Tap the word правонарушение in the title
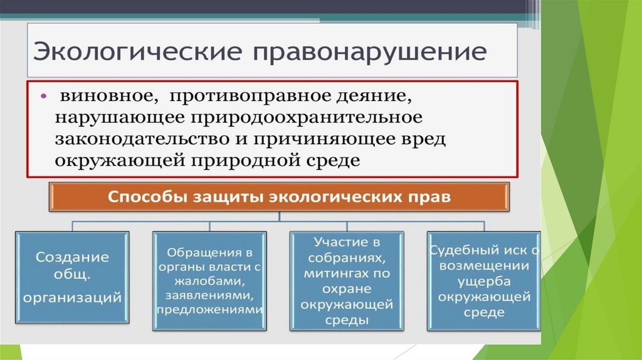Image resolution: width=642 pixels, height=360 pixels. point(369,51)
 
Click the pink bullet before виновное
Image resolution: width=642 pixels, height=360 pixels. point(44,98)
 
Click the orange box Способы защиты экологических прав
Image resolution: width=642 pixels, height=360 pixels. point(280,197)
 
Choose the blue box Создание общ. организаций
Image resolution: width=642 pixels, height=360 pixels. point(72,277)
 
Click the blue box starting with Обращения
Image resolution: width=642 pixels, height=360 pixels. point(209,280)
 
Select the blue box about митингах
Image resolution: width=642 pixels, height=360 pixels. point(347,280)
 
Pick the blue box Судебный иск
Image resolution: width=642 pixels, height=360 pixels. point(484,280)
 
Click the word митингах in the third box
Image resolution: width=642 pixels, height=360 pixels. point(347,273)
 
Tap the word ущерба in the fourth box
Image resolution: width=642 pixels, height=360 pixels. point(484,280)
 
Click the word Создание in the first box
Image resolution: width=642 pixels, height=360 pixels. point(72,257)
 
